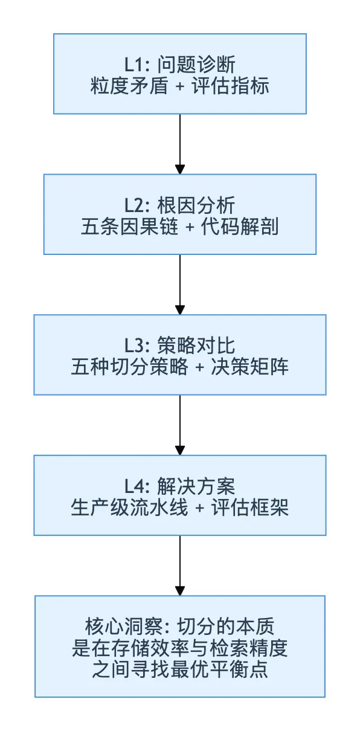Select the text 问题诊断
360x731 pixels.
pos(196,64)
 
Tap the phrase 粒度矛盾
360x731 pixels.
pos(129,86)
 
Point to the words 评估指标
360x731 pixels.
pos(230,86)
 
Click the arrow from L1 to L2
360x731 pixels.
pos(180,144)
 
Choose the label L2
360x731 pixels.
pos(135,205)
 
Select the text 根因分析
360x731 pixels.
pos(196,205)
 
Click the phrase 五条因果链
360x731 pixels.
pos(130,227)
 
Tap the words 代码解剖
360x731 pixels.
pos(240,227)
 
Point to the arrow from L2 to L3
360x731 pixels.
pos(180,285)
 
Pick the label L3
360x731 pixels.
pos(135,346)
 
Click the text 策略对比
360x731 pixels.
pos(196,346)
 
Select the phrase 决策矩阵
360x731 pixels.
pos(249,367)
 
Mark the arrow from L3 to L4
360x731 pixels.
pos(180,425)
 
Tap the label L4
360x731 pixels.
pos(135,486)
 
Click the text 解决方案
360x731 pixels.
pos(196,486)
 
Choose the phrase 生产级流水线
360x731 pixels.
pos(130,507)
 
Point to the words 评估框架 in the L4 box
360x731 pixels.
pos(249,507)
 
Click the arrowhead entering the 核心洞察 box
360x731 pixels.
pos(180,591)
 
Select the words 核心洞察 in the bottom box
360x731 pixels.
pos(124,626)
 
